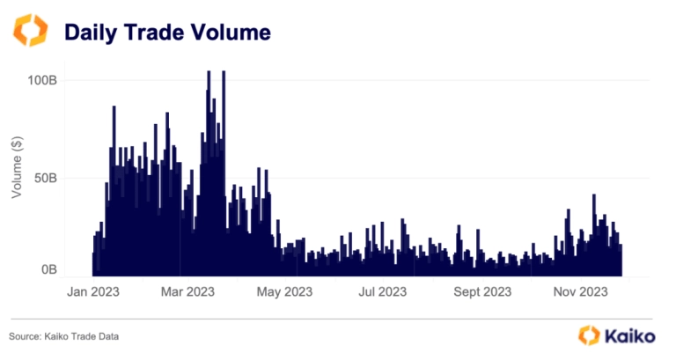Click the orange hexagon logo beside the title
point(32,32)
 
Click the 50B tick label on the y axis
point(45,178)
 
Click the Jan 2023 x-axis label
point(93,291)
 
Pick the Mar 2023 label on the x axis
point(188,291)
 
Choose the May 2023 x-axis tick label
point(285,291)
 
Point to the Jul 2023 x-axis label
point(381,291)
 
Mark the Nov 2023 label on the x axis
point(577,291)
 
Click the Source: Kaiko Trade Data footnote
point(63,336)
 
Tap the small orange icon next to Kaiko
point(589,334)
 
